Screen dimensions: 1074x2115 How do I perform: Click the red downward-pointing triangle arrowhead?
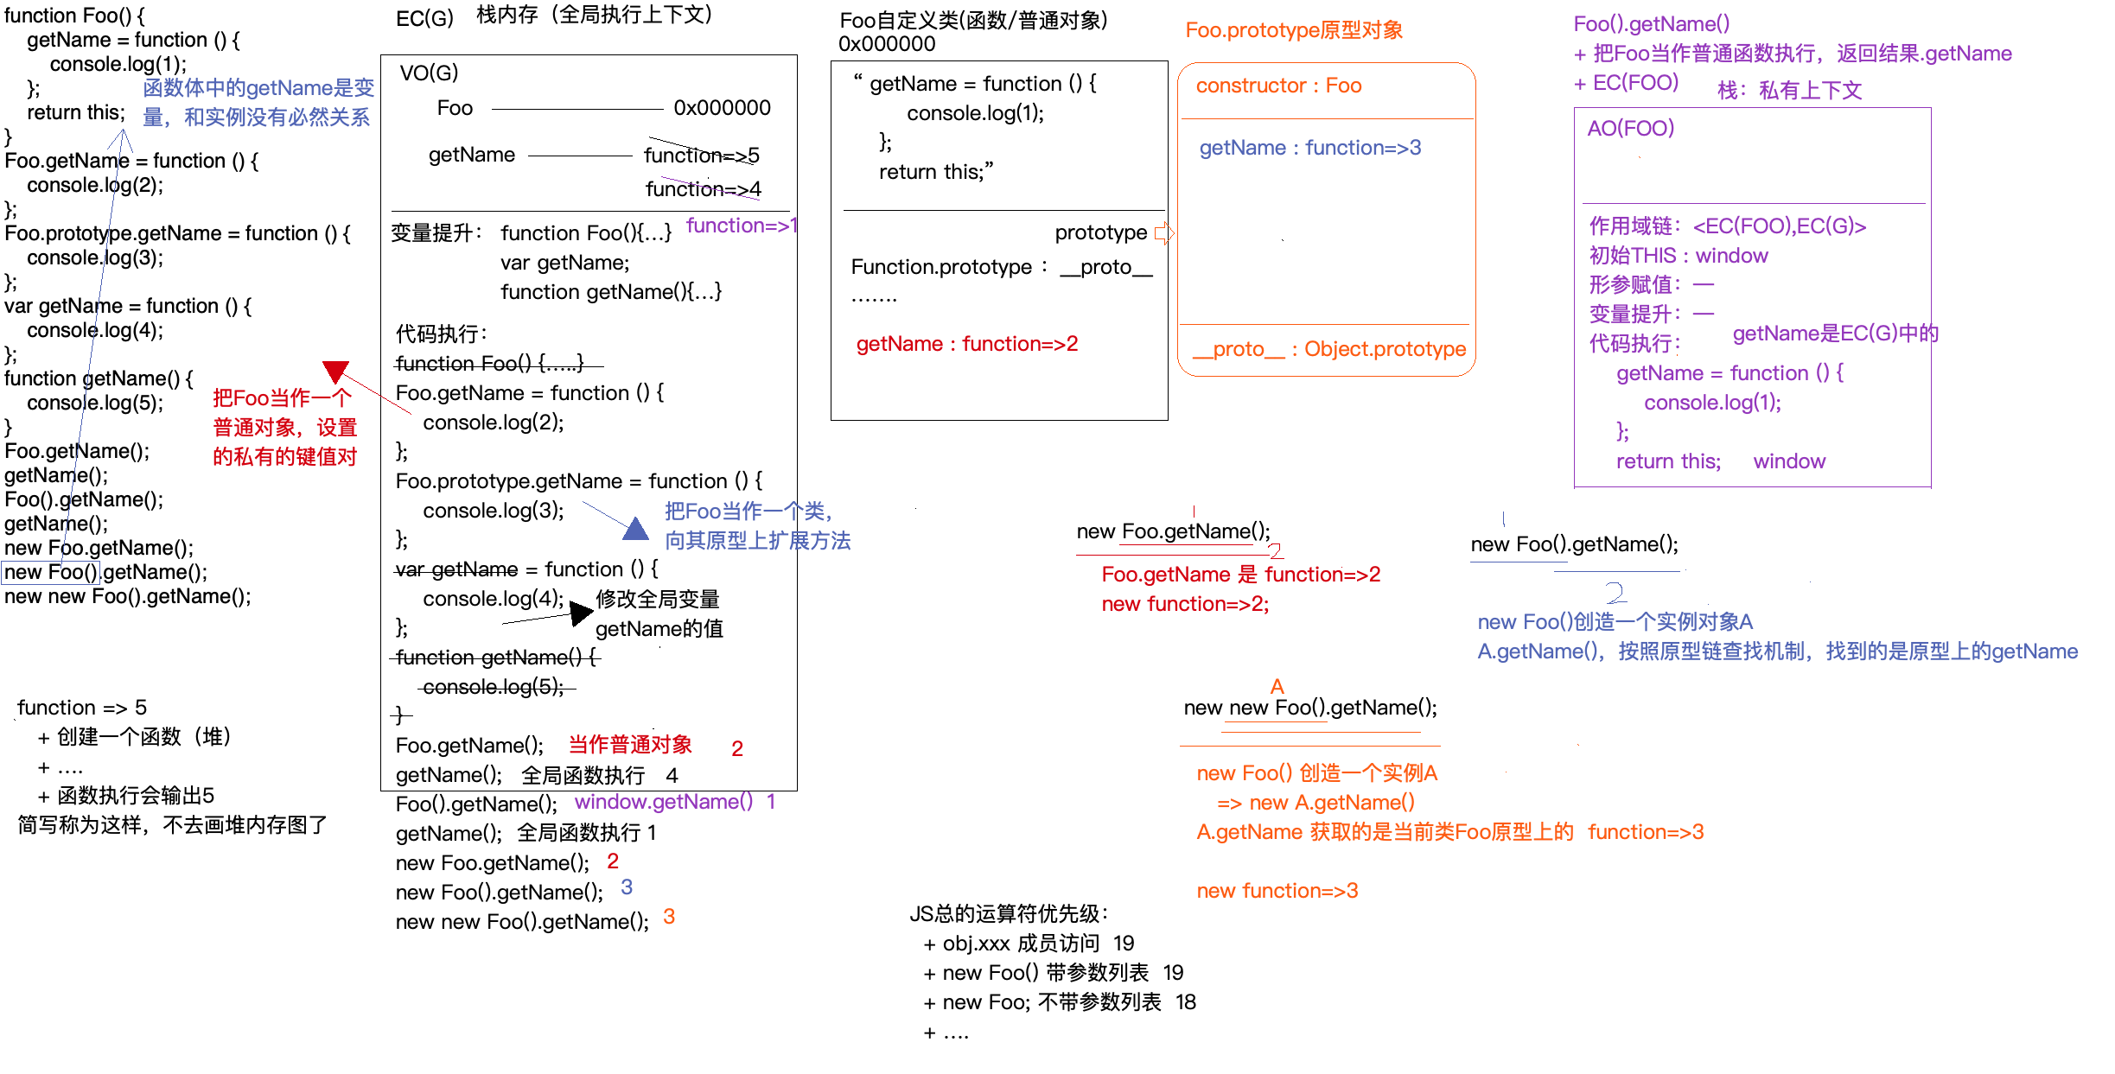click(335, 372)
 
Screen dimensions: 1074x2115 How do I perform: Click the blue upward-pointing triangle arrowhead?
click(635, 529)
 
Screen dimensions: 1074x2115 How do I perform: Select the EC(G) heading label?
click(424, 18)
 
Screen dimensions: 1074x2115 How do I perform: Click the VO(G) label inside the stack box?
click(429, 73)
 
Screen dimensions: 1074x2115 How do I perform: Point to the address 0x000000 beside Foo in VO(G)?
click(722, 108)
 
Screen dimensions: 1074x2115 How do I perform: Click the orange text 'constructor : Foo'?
click(1278, 86)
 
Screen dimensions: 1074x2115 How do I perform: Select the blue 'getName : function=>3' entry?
click(1309, 148)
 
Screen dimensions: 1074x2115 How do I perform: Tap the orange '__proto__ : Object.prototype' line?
click(1329, 349)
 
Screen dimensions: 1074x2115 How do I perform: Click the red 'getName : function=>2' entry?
click(967, 344)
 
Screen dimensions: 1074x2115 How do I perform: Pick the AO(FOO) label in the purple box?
click(1631, 129)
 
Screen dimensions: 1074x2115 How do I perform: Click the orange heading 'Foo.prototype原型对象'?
click(1294, 30)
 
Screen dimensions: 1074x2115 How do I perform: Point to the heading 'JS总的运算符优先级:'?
click(1009, 913)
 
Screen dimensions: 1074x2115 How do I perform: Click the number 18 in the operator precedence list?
click(1185, 1002)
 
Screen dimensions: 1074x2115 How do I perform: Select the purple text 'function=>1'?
click(741, 226)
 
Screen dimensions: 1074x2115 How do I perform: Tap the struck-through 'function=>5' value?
click(701, 156)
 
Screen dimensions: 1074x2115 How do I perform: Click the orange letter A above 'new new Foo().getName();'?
click(1277, 687)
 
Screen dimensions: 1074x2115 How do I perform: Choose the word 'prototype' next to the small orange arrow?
click(1100, 232)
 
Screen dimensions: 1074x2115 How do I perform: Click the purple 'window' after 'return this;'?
click(1789, 461)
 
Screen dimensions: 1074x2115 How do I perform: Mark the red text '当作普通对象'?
click(630, 745)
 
